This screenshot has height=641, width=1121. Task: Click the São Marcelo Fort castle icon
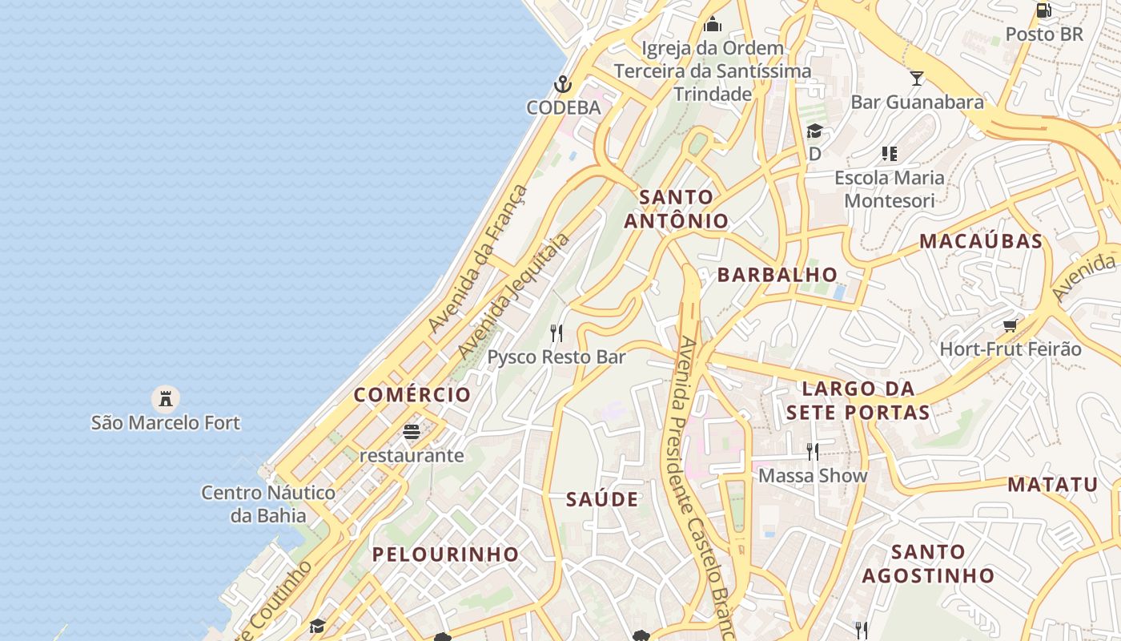point(166,398)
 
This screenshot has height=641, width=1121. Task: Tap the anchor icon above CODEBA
point(563,84)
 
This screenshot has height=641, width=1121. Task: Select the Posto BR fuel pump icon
point(1044,10)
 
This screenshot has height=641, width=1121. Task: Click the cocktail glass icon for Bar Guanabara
point(917,78)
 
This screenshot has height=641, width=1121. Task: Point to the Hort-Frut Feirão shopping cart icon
point(1010,325)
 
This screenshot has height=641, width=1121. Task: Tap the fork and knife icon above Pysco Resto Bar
point(556,333)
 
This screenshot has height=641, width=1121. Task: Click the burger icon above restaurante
point(412,433)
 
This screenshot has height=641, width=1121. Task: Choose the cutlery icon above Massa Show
point(813,452)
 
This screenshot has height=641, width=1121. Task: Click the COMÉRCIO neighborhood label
point(412,394)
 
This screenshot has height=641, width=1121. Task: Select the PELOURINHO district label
point(445,554)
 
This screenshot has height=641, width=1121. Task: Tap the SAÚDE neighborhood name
point(602,499)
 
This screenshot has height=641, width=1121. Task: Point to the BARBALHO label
point(777,275)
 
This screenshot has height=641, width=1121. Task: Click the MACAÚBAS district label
point(981,241)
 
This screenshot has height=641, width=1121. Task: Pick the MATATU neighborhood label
point(1052,484)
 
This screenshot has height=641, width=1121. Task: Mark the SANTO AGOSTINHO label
point(928,563)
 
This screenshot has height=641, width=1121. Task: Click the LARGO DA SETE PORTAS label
point(858,401)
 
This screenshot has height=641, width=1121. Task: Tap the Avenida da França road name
point(478,258)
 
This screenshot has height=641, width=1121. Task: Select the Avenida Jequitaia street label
point(513,296)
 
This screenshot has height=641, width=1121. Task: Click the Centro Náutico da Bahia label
point(268,503)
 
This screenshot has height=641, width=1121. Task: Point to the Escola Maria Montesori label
point(890,188)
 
